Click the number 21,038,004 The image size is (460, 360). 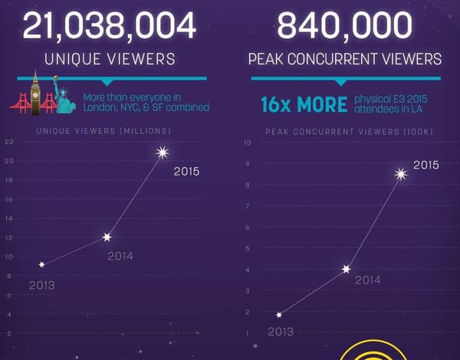(109, 27)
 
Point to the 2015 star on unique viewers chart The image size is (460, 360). (162, 152)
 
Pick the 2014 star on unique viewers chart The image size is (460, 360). (107, 237)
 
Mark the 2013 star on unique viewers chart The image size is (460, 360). (41, 264)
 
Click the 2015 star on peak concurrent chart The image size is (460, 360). (399, 175)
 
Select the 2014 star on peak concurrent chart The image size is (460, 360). (346, 269)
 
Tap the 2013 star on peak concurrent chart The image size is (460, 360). (279, 315)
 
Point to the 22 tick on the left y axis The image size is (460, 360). (8, 142)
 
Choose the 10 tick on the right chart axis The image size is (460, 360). (247, 142)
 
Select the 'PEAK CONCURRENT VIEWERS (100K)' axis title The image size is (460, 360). (349, 131)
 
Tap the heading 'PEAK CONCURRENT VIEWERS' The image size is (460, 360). (345, 59)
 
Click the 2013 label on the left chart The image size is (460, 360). (41, 285)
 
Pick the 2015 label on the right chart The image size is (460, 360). (426, 165)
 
